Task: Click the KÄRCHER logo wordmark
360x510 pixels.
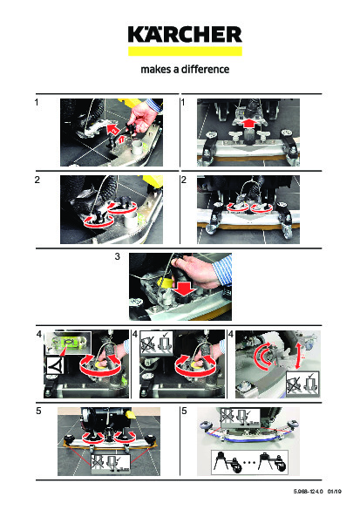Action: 185,35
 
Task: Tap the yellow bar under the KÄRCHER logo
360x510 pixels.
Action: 185,51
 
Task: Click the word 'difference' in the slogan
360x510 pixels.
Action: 205,69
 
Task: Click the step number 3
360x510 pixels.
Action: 118,256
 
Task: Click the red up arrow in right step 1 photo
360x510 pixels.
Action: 248,123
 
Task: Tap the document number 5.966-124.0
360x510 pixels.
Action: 308,492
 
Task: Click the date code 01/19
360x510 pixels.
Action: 335,492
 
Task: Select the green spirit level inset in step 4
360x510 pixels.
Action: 68,343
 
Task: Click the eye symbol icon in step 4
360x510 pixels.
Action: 55,365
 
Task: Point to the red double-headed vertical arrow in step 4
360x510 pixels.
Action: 297,357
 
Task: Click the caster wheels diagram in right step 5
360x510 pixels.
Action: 249,462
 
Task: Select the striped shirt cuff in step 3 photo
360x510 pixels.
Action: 223,269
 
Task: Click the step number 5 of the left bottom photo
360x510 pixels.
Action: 38,411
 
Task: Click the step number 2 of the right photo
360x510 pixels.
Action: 184,180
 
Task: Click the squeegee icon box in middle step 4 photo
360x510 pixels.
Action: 155,344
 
